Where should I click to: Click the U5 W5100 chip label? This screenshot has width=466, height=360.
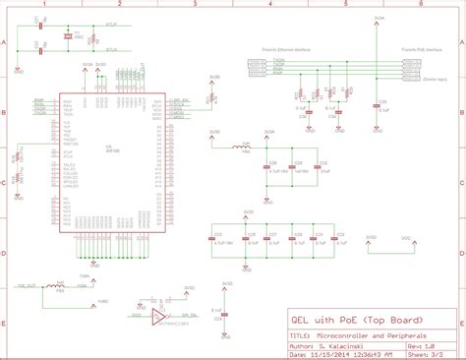(110, 149)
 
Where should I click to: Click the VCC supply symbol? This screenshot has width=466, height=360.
(404, 239)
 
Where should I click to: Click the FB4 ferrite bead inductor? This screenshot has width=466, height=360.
(245, 148)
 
